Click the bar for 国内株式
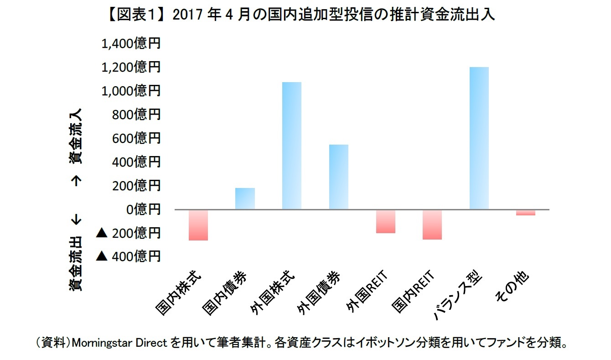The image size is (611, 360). pos(198,225)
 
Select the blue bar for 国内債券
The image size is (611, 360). pos(245,198)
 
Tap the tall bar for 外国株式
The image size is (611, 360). pos(292,146)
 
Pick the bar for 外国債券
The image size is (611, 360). pos(339,177)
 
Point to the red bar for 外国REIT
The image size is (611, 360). pos(386,221)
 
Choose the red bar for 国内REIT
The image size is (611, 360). pos(432,224)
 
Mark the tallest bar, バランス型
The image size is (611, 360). pos(479,138)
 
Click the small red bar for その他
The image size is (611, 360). pos(526,212)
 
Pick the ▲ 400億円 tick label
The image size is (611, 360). pos(129,256)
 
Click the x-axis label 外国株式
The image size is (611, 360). pos(274,292)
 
